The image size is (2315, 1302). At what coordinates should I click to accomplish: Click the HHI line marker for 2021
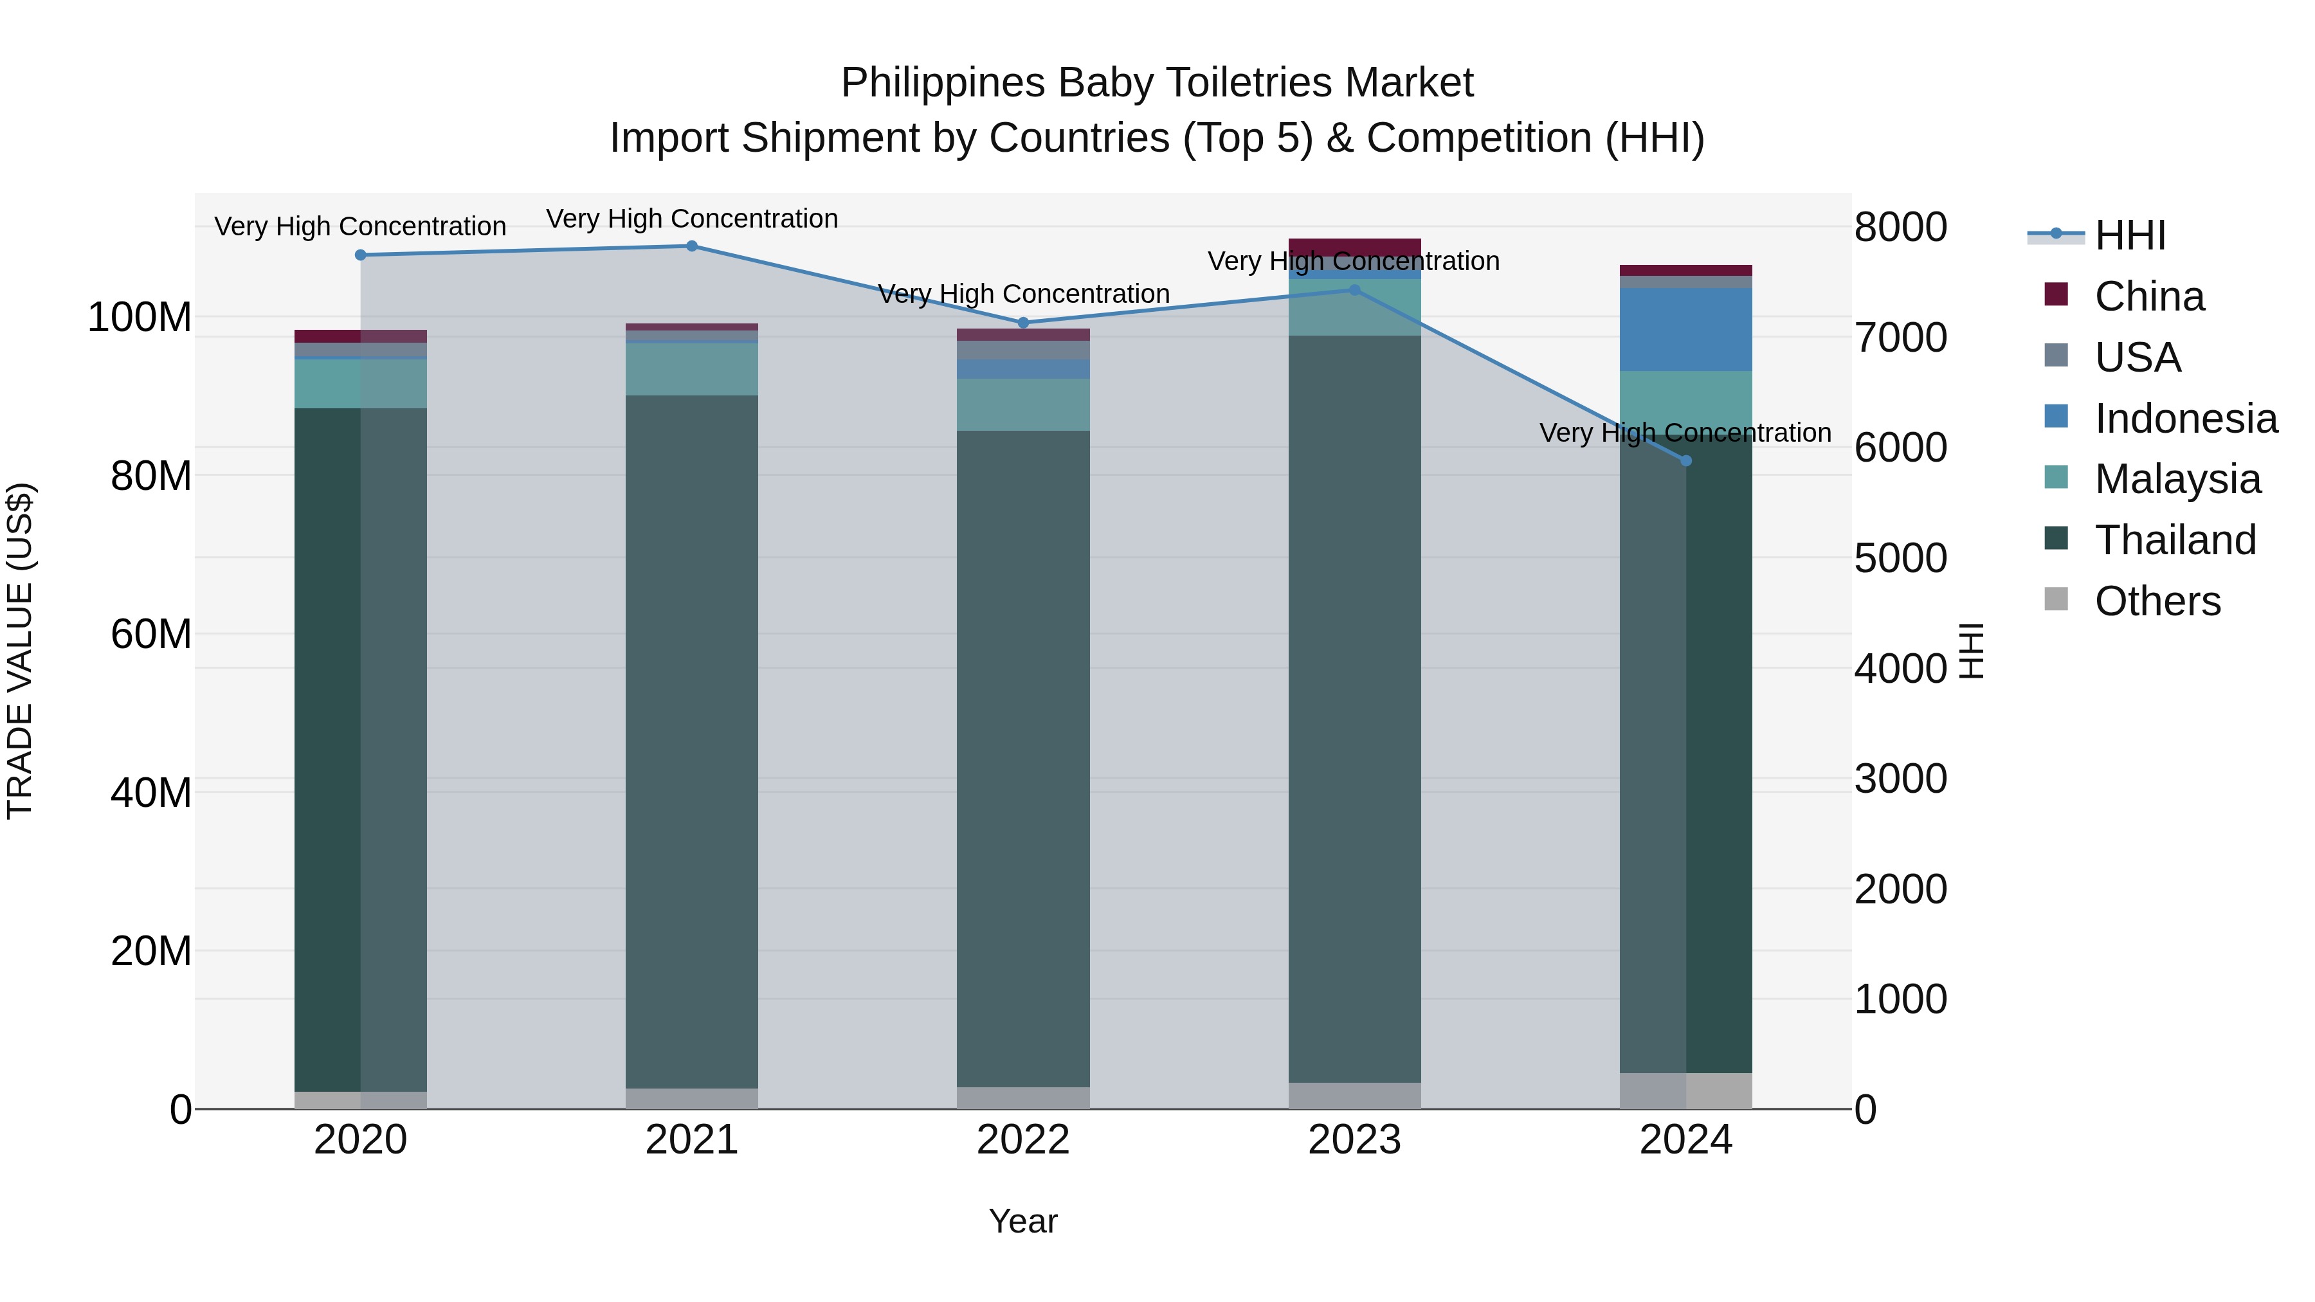pyautogui.click(x=691, y=246)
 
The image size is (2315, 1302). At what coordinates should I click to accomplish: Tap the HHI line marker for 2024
pyautogui.click(x=1686, y=461)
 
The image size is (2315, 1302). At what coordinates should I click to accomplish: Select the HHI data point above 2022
pyautogui.click(x=1022, y=323)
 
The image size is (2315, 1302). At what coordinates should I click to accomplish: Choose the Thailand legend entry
pyautogui.click(x=2174, y=540)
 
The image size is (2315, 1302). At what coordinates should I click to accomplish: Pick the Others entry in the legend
pyautogui.click(x=2156, y=601)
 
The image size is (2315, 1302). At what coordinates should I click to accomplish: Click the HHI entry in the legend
pyautogui.click(x=2129, y=235)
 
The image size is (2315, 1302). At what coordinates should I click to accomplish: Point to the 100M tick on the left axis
pyautogui.click(x=140, y=318)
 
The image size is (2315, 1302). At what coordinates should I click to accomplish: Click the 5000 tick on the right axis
pyautogui.click(x=1900, y=559)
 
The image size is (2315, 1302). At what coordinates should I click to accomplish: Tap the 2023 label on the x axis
pyautogui.click(x=1354, y=1140)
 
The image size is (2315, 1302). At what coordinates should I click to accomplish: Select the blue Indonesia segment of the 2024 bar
pyautogui.click(x=1686, y=330)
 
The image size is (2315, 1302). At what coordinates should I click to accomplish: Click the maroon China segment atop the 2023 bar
pyautogui.click(x=1354, y=247)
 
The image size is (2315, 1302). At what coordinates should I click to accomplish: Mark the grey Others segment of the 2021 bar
pyautogui.click(x=691, y=1098)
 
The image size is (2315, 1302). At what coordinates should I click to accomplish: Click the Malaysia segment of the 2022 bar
pyautogui.click(x=1022, y=404)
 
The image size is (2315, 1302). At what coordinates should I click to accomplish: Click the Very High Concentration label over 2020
pyautogui.click(x=360, y=226)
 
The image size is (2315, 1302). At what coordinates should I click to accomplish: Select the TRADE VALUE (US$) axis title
pyautogui.click(x=20, y=651)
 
